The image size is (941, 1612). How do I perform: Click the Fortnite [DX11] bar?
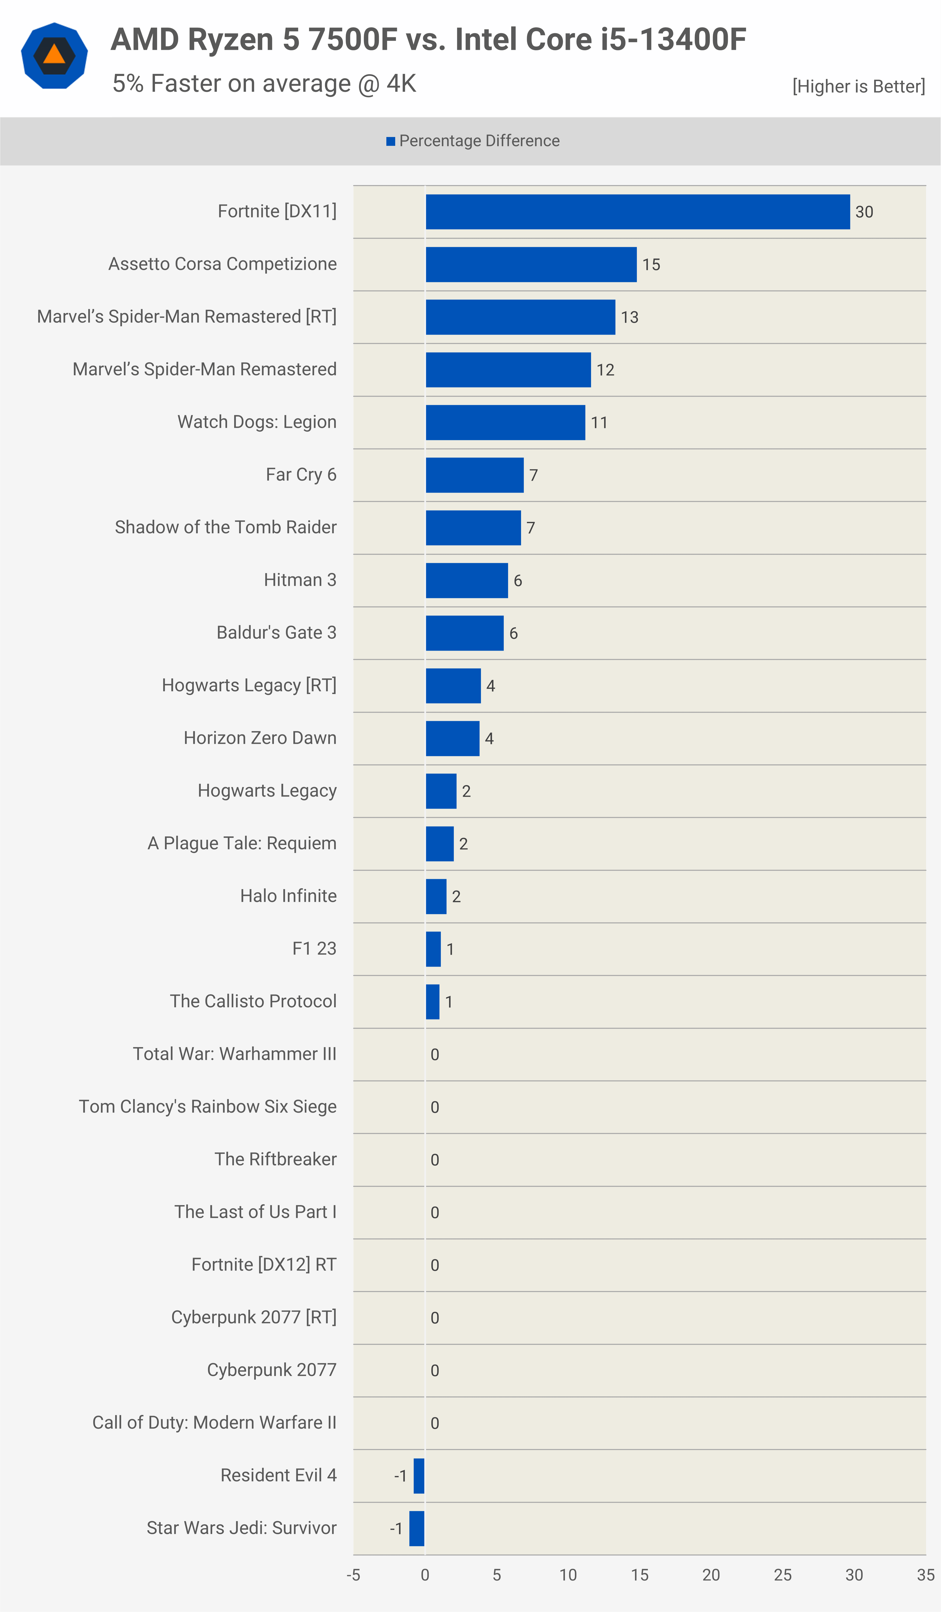coord(638,212)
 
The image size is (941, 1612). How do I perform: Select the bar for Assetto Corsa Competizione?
coord(531,264)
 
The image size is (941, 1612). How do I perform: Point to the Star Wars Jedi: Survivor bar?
coord(417,1528)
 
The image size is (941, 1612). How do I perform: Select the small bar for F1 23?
coord(433,949)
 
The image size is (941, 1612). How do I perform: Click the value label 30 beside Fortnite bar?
coord(864,212)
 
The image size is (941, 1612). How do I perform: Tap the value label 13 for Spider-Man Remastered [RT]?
coord(630,317)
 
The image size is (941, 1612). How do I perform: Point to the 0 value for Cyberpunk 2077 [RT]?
coord(435,1318)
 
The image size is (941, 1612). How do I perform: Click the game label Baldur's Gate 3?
coord(276,633)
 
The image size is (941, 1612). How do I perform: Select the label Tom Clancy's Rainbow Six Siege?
coord(208,1107)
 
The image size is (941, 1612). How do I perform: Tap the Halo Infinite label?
coord(288,896)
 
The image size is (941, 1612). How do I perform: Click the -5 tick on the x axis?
coord(354,1575)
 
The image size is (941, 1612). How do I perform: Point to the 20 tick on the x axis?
coord(711,1575)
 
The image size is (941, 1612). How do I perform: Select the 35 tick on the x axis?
coord(926,1575)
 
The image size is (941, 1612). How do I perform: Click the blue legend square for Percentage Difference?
coord(391,141)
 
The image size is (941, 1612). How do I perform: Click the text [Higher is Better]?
coord(859,86)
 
